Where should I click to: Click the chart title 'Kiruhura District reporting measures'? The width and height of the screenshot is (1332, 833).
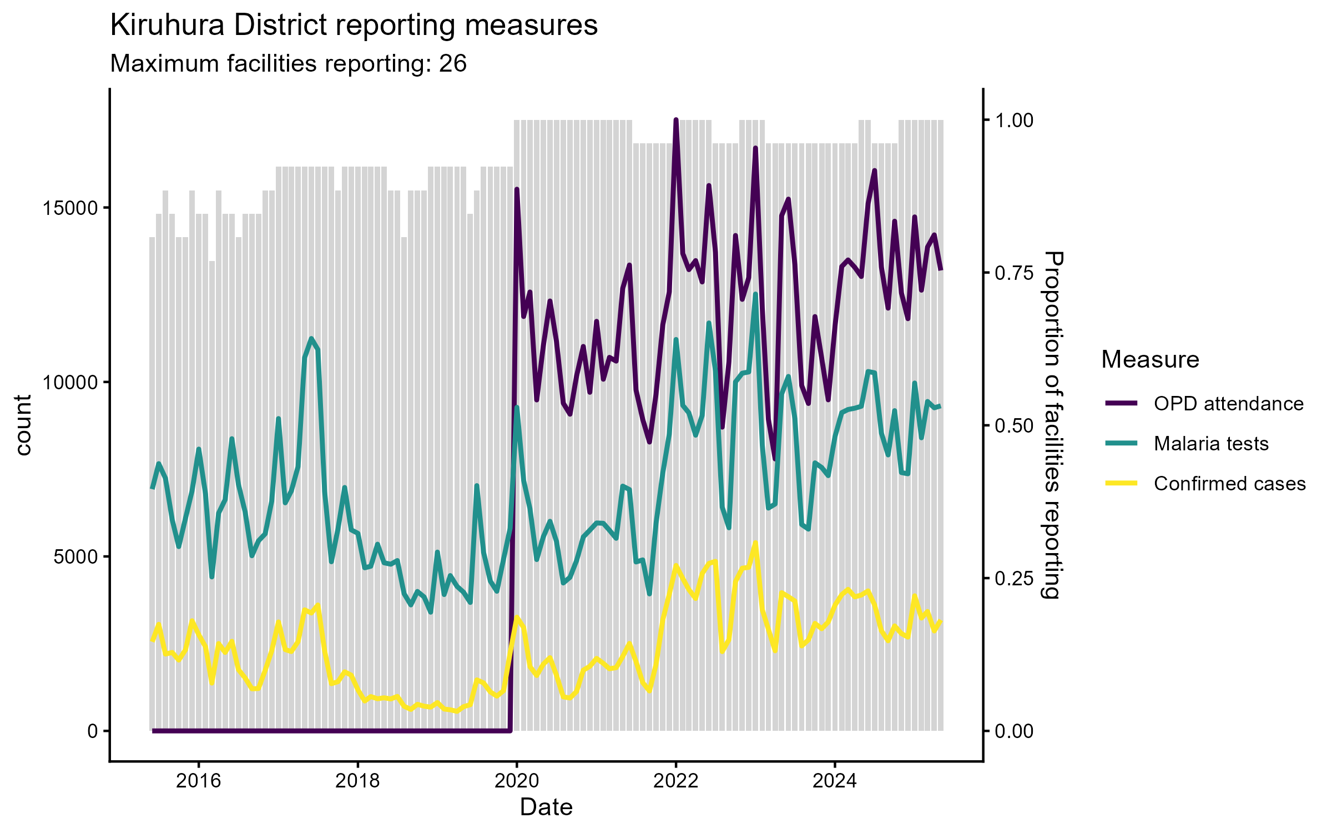(x=354, y=26)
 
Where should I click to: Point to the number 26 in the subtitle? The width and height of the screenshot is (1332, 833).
(x=452, y=64)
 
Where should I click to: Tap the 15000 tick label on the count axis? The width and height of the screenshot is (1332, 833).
(x=69, y=208)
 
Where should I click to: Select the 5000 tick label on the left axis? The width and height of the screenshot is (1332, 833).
(x=75, y=557)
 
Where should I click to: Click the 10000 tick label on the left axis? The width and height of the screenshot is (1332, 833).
(x=69, y=383)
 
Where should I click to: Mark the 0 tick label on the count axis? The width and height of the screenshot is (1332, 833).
(x=92, y=731)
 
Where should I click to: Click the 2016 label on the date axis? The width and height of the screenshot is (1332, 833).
(x=198, y=781)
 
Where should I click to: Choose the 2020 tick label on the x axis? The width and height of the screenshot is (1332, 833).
(x=517, y=781)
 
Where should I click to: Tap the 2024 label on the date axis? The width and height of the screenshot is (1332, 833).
(x=835, y=781)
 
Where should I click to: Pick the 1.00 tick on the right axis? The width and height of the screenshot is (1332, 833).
(x=1014, y=121)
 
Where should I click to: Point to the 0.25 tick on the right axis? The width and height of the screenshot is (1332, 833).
(x=1014, y=579)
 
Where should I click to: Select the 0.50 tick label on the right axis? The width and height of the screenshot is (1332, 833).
(x=1014, y=426)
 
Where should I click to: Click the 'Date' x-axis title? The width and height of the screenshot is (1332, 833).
(x=546, y=807)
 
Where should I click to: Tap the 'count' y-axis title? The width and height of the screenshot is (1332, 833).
(x=23, y=425)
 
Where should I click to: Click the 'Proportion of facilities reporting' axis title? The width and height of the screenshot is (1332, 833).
(x=1052, y=425)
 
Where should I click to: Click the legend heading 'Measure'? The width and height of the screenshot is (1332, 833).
(x=1150, y=360)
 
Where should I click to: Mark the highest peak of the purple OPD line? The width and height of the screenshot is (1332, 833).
(x=675, y=120)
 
